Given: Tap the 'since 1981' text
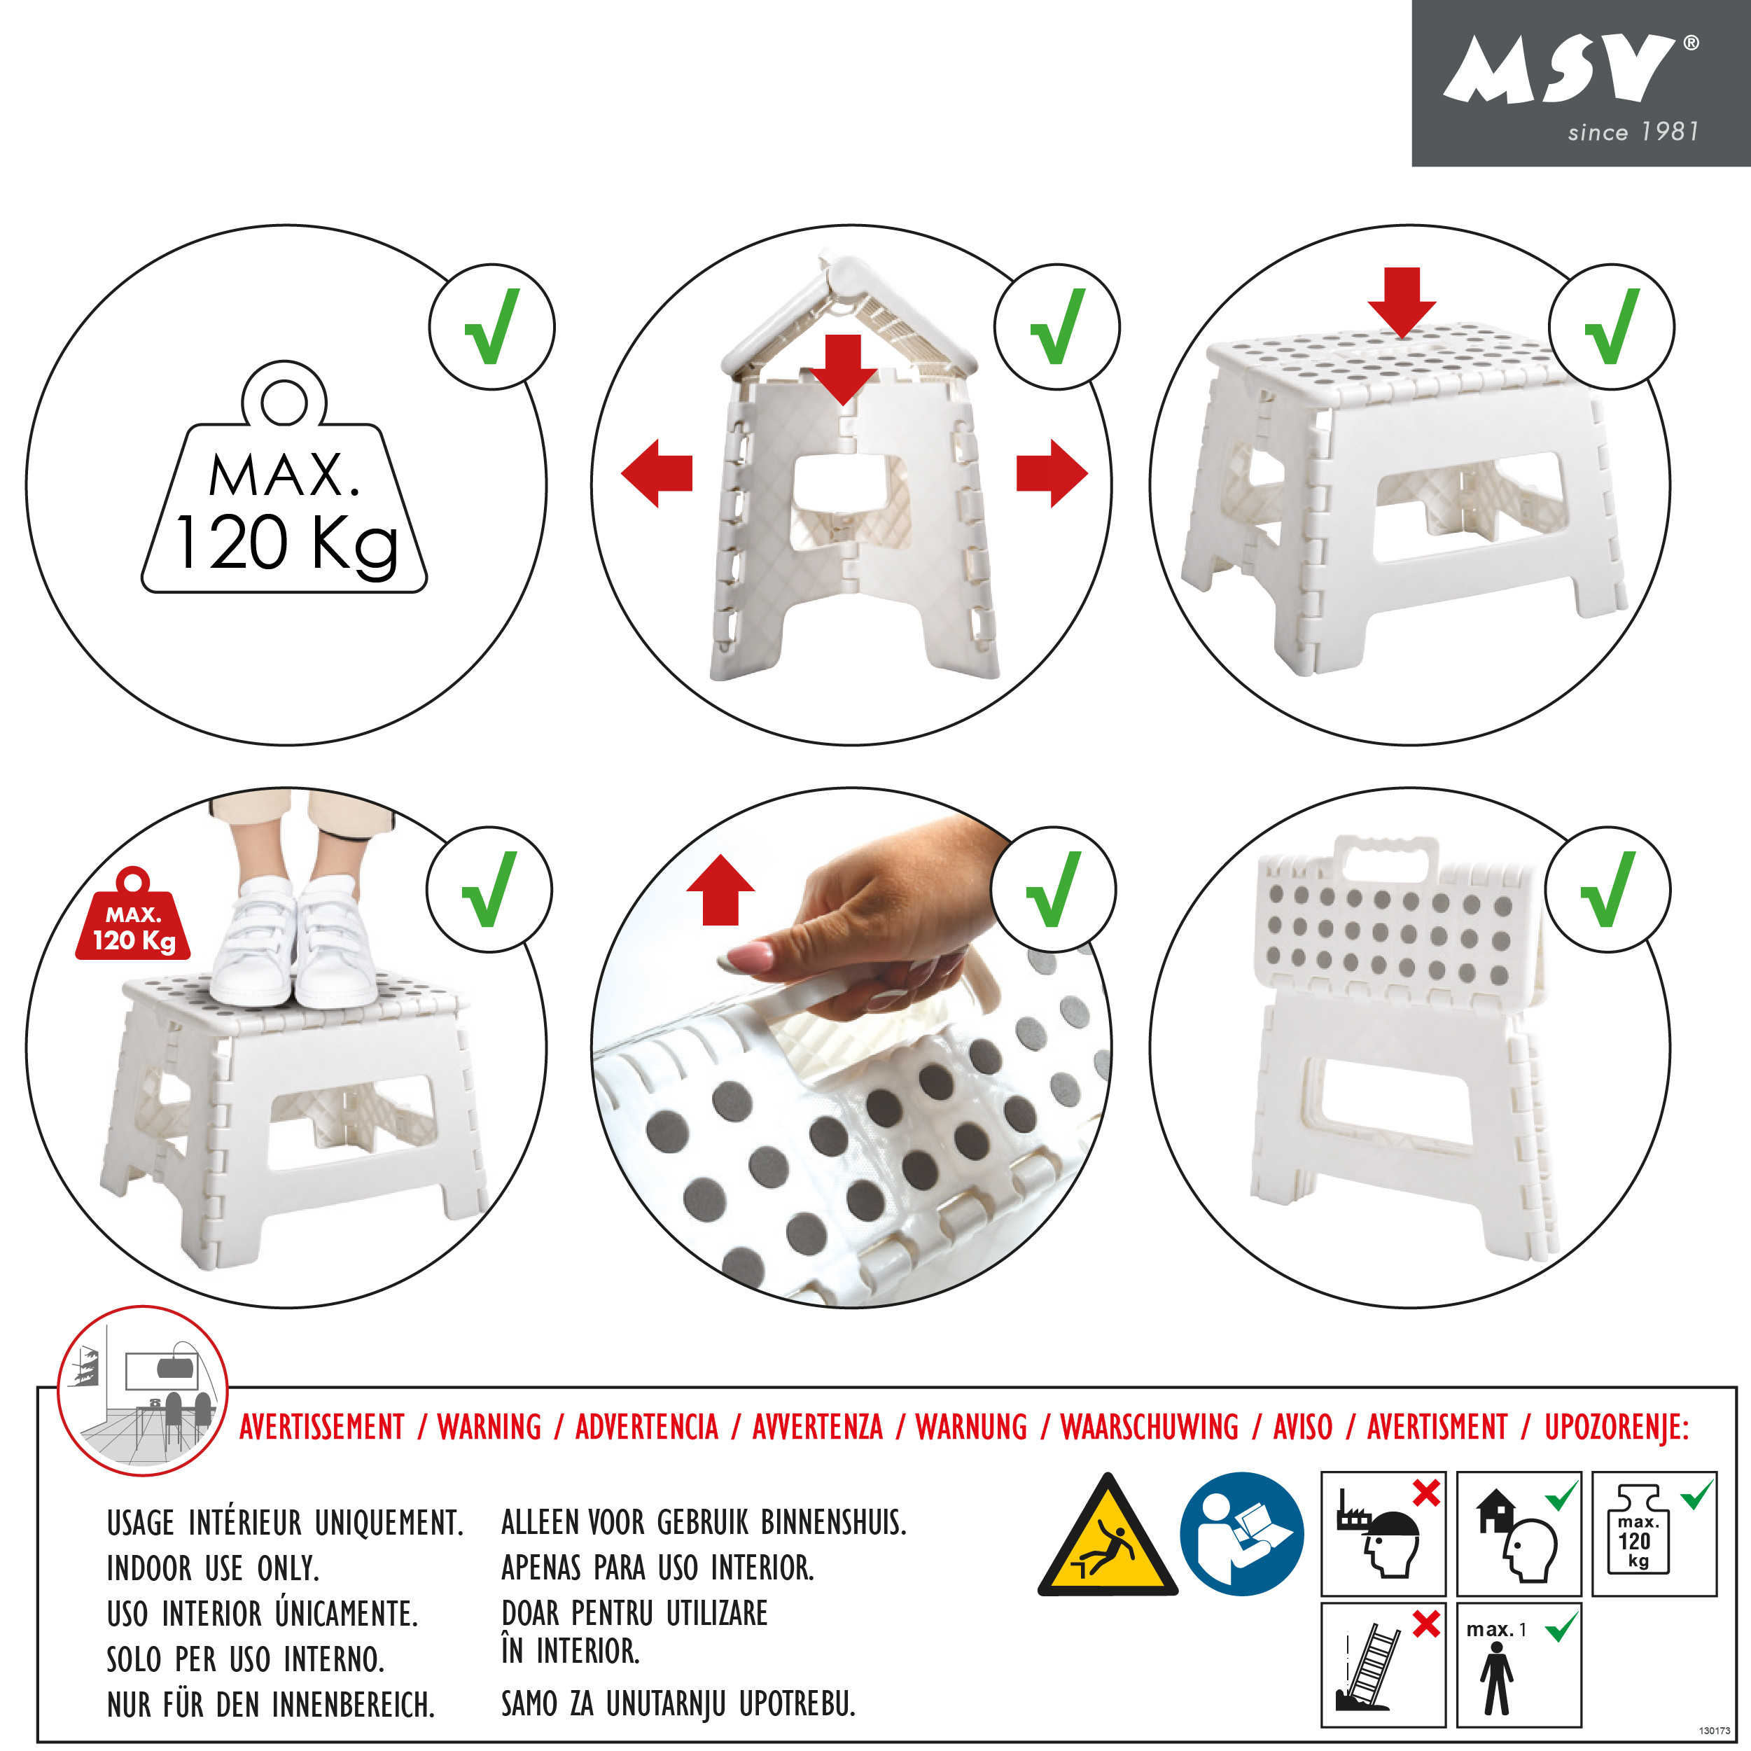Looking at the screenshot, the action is click(1633, 132).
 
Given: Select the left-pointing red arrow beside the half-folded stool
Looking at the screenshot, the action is click(657, 473).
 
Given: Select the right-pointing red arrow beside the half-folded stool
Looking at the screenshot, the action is click(1052, 473).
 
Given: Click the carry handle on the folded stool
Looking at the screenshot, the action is click(1387, 856).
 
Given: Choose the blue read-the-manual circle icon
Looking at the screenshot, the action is click(1241, 1533).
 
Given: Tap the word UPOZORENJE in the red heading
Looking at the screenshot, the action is click(1617, 1427).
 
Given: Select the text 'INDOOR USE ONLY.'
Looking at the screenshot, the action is click(213, 1568).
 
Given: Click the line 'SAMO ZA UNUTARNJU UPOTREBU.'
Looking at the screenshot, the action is click(678, 1704).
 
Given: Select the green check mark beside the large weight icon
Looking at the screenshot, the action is click(492, 326).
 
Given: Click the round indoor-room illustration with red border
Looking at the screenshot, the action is click(142, 1390).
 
